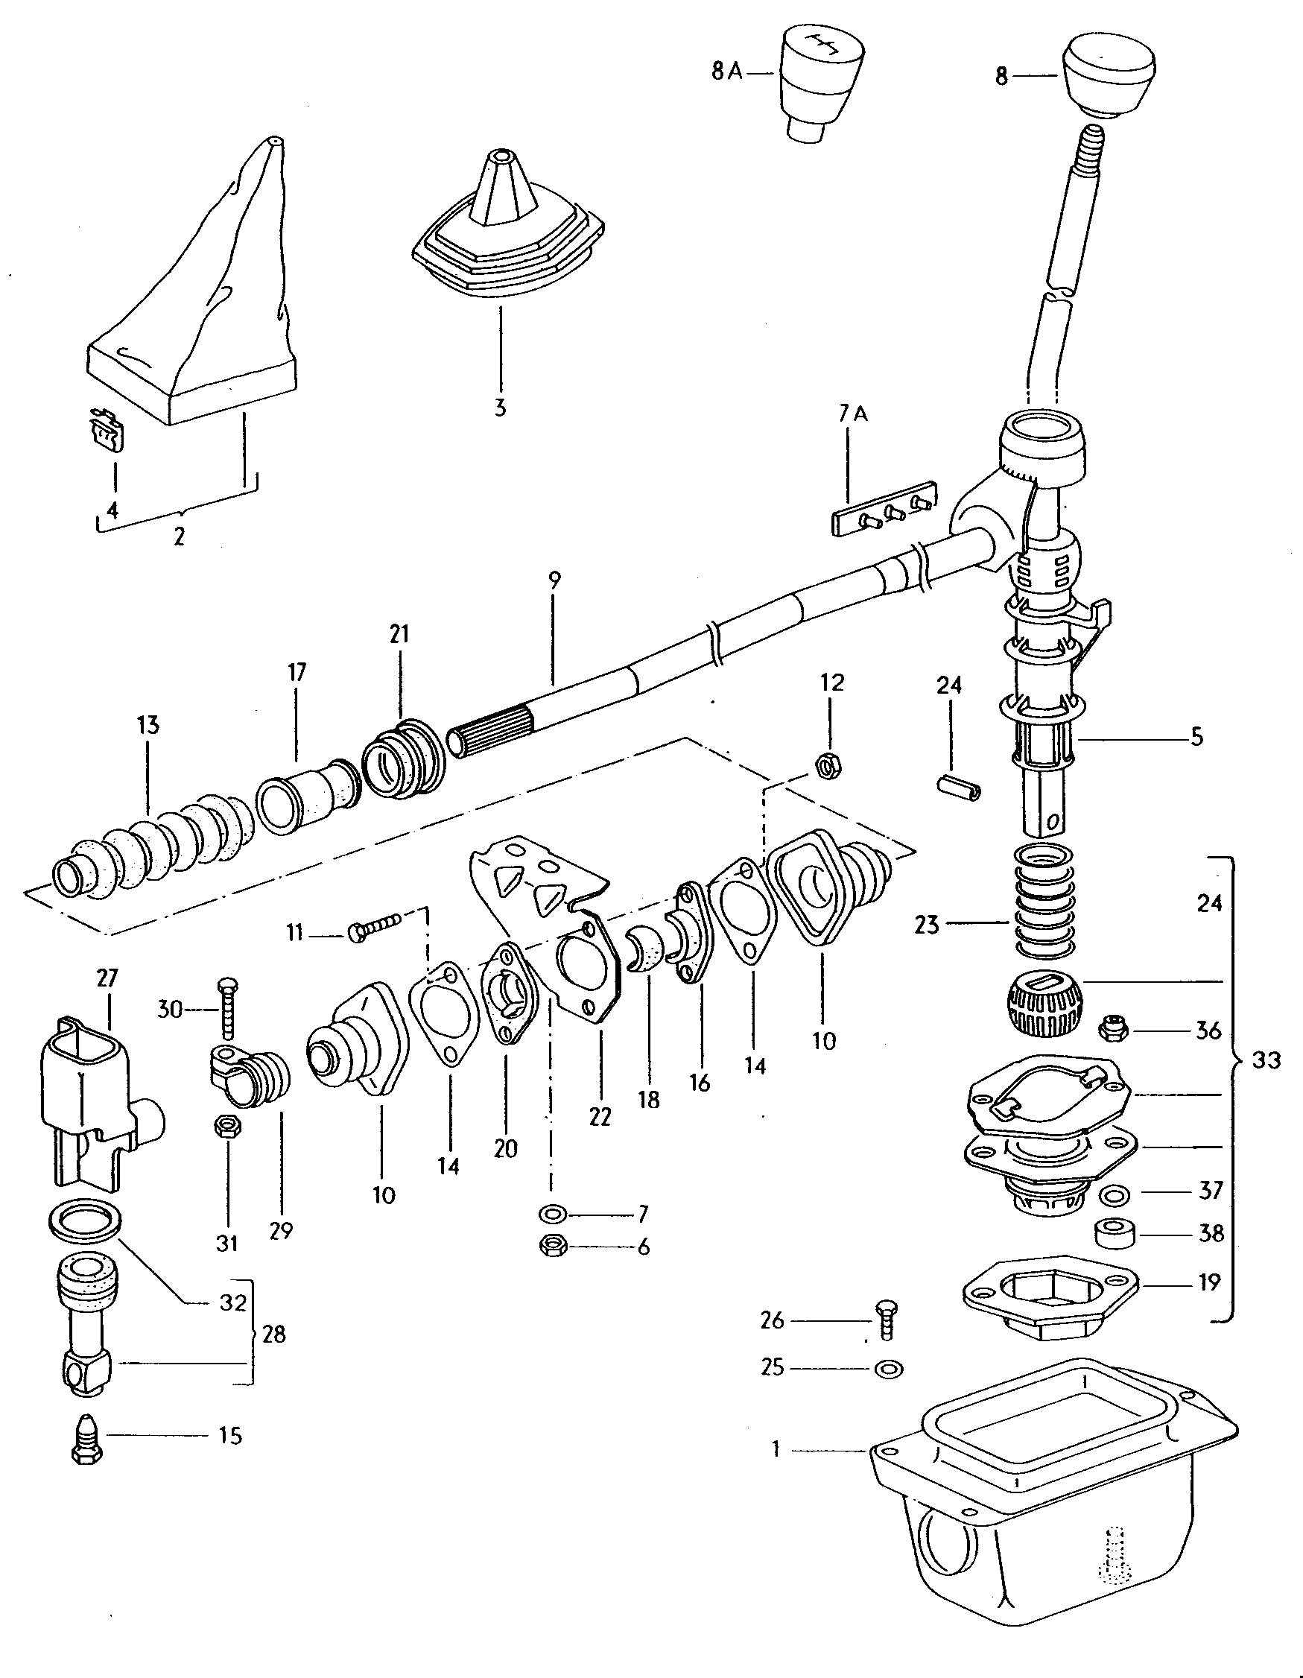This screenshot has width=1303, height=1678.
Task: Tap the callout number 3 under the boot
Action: (x=500, y=408)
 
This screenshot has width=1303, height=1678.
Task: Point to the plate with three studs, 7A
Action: (x=885, y=509)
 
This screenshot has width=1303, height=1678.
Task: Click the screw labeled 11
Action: (x=373, y=928)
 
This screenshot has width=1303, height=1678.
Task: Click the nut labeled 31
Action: (x=227, y=1128)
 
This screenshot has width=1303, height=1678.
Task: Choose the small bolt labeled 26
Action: (x=886, y=1320)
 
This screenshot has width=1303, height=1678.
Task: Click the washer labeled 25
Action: (x=888, y=1368)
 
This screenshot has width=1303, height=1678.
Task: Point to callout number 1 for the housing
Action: (x=776, y=1449)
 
